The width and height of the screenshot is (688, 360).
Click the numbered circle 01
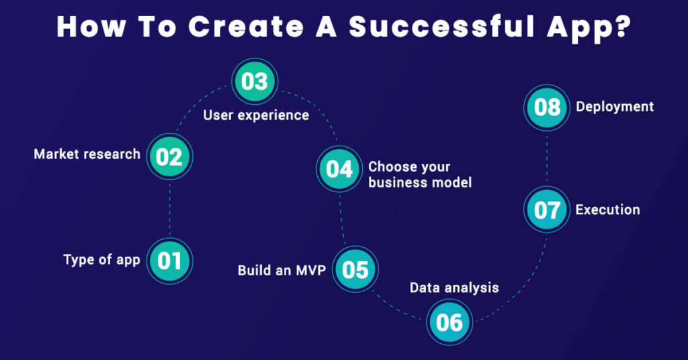tap(170, 260)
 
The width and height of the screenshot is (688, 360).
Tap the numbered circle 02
tap(170, 156)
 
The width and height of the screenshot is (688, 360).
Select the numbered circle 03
tap(255, 82)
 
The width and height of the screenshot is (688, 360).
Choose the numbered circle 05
tap(355, 269)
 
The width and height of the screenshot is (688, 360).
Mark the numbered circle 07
tap(547, 210)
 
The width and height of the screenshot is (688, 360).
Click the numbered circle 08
tap(547, 107)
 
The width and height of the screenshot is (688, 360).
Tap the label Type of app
tap(101, 260)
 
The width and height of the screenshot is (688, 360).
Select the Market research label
tap(87, 154)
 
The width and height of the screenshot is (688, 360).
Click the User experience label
tap(256, 116)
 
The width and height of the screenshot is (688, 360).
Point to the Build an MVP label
tap(282, 271)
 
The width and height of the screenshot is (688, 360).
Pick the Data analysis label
tap(454, 288)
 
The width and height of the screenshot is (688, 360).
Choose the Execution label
tap(607, 210)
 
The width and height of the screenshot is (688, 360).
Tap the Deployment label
tap(615, 107)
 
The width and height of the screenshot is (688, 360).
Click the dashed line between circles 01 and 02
tap(170, 208)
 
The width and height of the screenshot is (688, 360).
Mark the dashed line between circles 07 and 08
tap(547, 158)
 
